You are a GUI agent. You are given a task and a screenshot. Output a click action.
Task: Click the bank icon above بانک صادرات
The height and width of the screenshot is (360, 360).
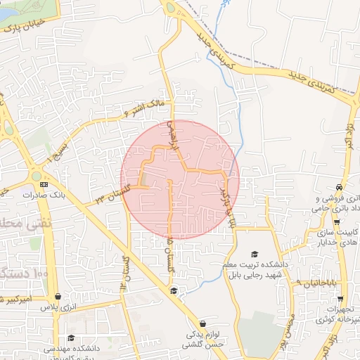pyautogui.click(x=44, y=184)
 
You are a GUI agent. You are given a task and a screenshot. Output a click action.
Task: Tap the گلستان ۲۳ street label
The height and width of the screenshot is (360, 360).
pyautogui.click(x=114, y=190)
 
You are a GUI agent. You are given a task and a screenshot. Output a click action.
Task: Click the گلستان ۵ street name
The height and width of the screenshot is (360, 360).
pyautogui.click(x=169, y=250)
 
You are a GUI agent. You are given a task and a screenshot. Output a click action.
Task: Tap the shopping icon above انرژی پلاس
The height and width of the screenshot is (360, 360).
pyautogui.click(x=57, y=297)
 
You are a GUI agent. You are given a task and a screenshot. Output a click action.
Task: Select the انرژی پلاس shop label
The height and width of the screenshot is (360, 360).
pyautogui.click(x=58, y=307)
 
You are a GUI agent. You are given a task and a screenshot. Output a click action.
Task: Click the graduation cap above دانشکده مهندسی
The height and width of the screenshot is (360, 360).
pyautogui.click(x=70, y=338)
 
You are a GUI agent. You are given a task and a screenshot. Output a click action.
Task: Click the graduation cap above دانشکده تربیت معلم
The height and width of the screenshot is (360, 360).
pyautogui.click(x=254, y=255)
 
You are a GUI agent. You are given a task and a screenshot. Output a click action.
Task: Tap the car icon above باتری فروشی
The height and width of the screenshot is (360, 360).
pyautogui.click(x=340, y=188)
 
